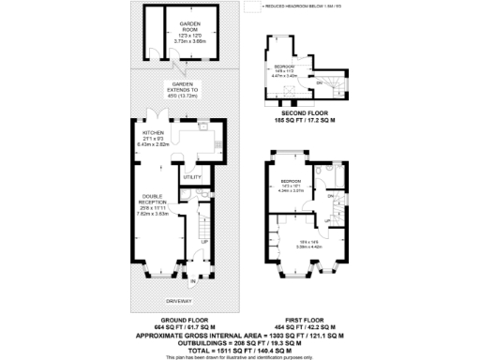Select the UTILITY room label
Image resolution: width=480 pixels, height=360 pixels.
pyautogui.click(x=192, y=176)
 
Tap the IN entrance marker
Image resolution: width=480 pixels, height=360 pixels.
pyautogui.click(x=194, y=281)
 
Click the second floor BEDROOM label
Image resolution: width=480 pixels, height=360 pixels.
pyautogui.click(x=284, y=67)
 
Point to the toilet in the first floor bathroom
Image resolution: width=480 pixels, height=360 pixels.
pyautogui.click(x=322, y=172)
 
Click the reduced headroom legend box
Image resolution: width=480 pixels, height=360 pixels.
pyautogui.click(x=250, y=7)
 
